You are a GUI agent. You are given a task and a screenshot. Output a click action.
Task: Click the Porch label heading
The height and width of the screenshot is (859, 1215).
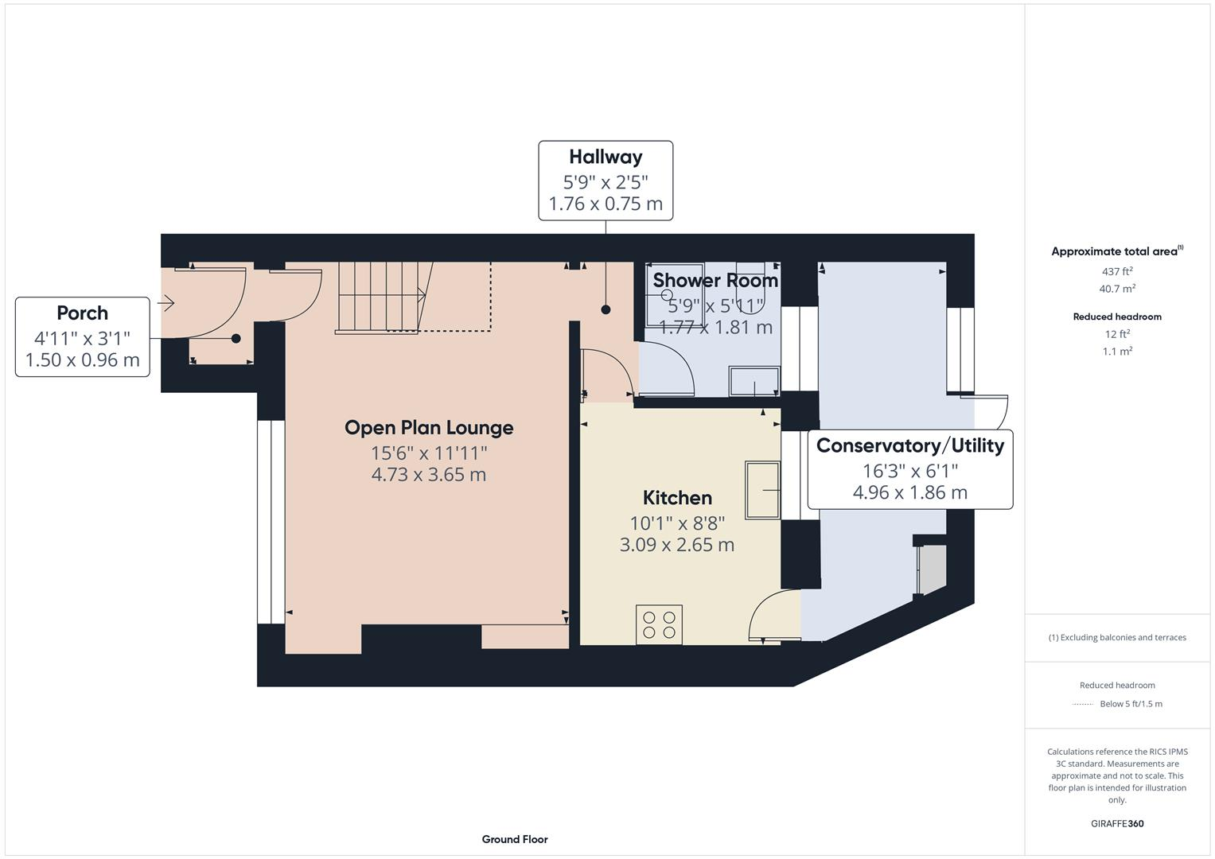[83, 313]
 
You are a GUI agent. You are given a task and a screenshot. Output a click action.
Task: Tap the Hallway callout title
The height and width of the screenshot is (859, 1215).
[606, 157]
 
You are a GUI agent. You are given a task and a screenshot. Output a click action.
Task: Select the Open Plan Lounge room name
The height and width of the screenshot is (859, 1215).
[429, 427]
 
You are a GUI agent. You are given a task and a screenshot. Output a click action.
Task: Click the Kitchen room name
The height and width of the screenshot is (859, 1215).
[677, 497]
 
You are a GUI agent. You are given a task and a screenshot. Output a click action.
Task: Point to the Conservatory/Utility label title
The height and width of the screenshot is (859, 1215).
[910, 445]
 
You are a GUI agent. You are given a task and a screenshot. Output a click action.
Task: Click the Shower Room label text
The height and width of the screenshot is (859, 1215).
[715, 280]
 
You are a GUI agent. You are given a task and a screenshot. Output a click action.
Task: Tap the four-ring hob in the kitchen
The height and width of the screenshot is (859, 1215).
[659, 624]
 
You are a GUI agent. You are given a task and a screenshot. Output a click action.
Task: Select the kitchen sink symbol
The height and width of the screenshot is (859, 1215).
[762, 490]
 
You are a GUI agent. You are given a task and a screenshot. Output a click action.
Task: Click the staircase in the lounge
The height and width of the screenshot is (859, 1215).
[384, 297]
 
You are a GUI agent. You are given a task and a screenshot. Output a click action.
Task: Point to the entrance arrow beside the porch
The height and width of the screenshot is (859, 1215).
[166, 302]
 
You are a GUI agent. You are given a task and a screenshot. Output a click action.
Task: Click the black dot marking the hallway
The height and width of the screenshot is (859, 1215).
[606, 309]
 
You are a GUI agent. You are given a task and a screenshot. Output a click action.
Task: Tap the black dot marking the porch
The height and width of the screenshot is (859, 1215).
[236, 338]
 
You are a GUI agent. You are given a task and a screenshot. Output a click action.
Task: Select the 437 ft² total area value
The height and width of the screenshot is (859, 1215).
[1117, 271]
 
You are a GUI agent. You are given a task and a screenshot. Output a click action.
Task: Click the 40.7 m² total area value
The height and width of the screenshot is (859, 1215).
[1117, 289]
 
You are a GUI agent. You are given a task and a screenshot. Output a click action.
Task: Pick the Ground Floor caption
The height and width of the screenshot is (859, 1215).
[515, 839]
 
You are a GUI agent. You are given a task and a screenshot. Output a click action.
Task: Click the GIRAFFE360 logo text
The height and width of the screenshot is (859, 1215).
[1117, 823]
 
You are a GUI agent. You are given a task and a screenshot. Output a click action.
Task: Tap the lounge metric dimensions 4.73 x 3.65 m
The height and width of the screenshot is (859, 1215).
[429, 475]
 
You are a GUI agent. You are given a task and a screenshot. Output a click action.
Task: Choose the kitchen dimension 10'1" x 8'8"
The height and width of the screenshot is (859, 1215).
[677, 523]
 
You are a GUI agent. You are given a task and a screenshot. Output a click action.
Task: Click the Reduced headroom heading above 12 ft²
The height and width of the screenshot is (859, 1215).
[1117, 317]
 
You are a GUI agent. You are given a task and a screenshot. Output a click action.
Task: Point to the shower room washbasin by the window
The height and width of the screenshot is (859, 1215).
[754, 381]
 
